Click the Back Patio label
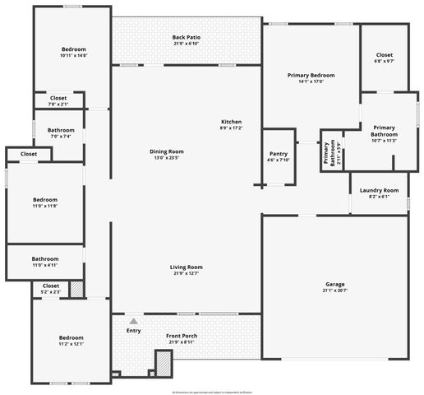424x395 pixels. coord(187,37)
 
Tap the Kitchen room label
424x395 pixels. coord(231,122)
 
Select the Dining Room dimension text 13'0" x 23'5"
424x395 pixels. coord(166,158)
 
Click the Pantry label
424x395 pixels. coord(278,154)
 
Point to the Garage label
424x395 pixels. coord(334,284)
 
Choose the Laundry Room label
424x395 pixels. coord(379,191)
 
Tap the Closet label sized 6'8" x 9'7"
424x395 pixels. coord(385,54)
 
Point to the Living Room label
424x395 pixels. coord(187,267)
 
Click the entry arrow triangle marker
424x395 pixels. coord(134,320)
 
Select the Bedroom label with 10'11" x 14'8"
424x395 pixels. coord(74,49)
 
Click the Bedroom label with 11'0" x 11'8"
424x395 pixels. coord(45,200)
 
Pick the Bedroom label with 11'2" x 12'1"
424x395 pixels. coord(71,337)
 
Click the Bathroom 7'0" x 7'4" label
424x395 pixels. coord(61,130)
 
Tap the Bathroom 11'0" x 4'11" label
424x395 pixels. coord(45,258)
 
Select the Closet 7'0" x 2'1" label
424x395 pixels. coord(58,98)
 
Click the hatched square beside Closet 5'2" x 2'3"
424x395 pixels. coord(76,289)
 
